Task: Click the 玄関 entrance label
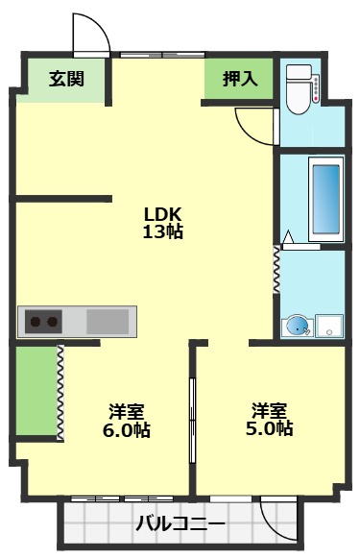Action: point(66,79)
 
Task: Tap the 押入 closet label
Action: point(240,79)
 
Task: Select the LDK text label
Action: point(162,213)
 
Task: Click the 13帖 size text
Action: point(162,231)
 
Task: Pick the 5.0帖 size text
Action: point(271,429)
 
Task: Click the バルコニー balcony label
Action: point(180,524)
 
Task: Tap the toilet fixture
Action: point(300,88)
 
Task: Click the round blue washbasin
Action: point(299,326)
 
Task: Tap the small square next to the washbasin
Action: point(331,326)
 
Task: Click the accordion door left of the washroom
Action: point(276,269)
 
